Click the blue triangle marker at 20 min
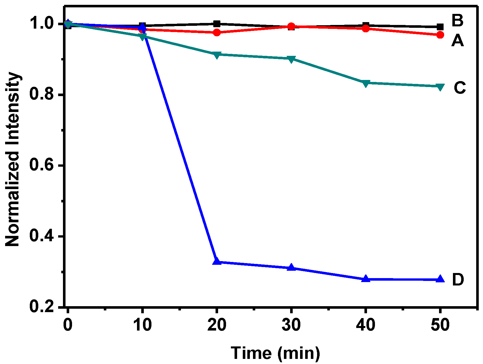coord(217,261)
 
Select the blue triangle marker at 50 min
coord(440,279)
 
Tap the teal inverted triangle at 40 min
coord(366,83)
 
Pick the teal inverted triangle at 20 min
coord(217,55)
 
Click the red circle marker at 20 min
coord(217,32)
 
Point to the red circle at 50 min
coord(440,35)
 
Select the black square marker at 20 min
coord(217,24)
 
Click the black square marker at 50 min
coord(440,27)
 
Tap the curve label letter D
coord(458,280)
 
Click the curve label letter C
coord(459,88)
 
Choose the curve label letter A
coord(457,41)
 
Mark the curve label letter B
coord(457,20)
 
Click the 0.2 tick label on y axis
coord(42,307)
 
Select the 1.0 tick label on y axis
coord(42,24)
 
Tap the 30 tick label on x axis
coord(291,325)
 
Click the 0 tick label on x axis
coord(68,325)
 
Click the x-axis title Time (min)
coord(275,353)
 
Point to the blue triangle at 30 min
coord(291,267)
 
